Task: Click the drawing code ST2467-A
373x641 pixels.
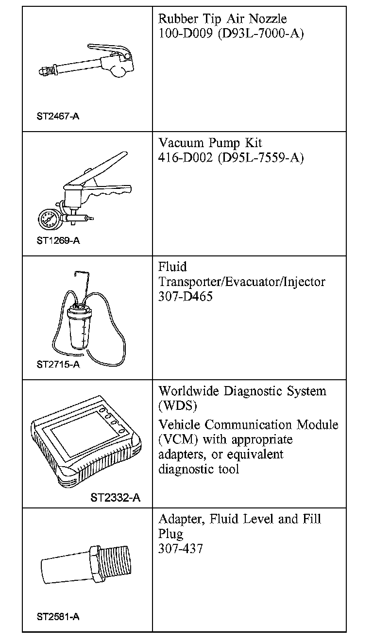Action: pos(58,117)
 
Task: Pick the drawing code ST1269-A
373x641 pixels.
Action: pos(58,240)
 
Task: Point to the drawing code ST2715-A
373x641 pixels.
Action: pos(58,364)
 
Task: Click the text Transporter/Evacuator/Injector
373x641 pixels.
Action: pos(241,282)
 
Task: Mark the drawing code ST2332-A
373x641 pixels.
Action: pos(116,498)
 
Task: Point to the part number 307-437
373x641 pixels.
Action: pos(181,549)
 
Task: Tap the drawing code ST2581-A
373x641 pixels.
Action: pos(58,617)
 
